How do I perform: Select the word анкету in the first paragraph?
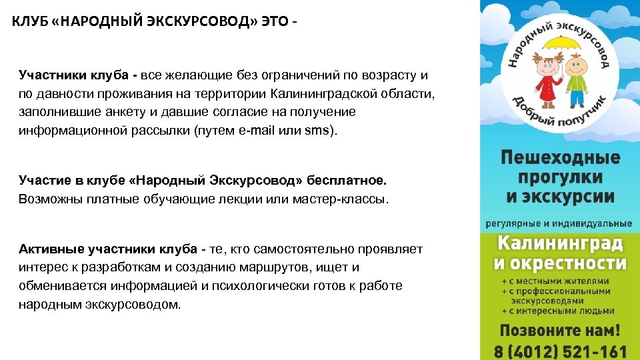coord(116,111)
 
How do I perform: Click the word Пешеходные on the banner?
coord(560,159)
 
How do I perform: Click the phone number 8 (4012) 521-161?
coord(560,351)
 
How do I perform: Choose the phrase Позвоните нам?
coord(560,331)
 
